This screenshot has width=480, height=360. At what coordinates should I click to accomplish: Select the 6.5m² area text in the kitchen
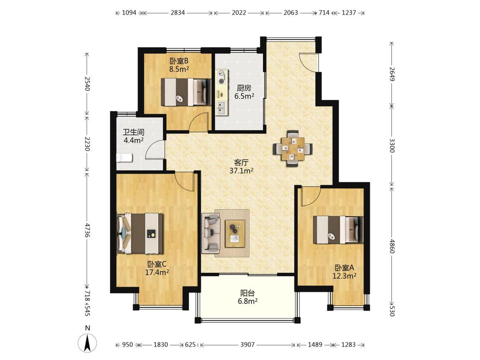(244, 96)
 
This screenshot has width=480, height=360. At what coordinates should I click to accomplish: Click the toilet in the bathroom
(124, 158)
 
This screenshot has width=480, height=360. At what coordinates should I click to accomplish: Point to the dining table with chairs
(293, 148)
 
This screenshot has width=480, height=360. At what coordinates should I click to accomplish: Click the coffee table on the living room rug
(235, 234)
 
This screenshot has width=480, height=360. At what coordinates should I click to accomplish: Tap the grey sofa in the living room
(211, 234)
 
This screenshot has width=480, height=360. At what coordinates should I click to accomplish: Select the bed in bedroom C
(140, 233)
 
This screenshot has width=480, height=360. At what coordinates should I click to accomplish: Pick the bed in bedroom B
(186, 92)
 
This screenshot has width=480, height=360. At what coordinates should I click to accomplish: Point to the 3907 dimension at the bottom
(247, 345)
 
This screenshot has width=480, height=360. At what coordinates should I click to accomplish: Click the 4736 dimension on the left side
(87, 230)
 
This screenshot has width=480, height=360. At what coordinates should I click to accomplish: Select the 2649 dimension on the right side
(392, 74)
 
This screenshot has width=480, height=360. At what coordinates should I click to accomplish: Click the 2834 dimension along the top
(177, 12)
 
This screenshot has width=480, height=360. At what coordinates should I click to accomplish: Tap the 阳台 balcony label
(247, 293)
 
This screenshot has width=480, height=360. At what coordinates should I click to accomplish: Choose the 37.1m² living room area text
(241, 171)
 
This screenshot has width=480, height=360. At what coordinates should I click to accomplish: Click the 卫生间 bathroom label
(134, 133)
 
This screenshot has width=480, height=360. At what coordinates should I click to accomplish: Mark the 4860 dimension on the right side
(392, 247)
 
